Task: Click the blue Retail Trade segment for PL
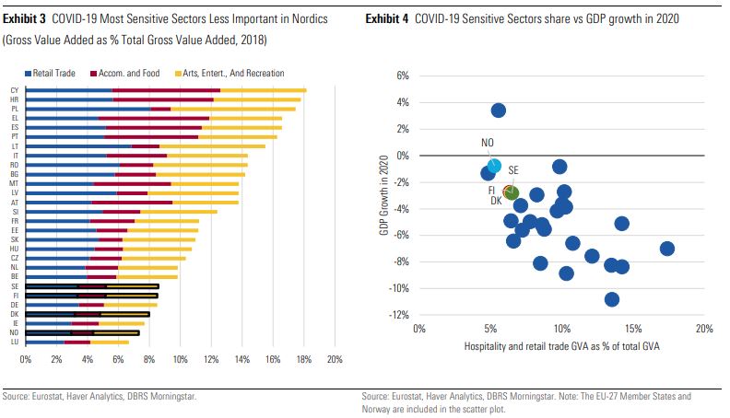pos(88,109)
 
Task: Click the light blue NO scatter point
pos(495,167)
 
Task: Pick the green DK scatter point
pos(511,192)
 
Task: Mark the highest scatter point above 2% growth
pos(499,110)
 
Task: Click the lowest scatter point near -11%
pos(612,299)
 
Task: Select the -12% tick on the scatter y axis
pos(400,315)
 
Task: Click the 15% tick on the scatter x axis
pos(632,329)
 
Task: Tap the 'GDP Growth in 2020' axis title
pos(384,195)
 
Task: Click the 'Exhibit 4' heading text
pos(388,19)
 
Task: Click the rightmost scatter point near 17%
pos(667,249)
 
